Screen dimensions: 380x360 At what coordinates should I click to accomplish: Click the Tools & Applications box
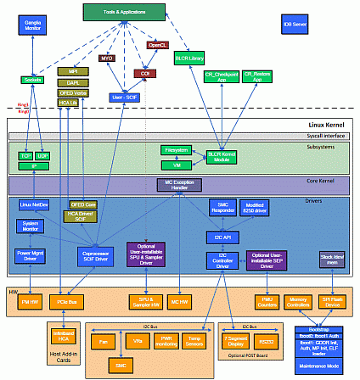[124, 12]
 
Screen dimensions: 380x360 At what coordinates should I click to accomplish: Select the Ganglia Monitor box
[31, 25]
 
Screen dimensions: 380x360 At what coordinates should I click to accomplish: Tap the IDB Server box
[295, 24]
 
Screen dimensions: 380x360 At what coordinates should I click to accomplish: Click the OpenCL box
[158, 45]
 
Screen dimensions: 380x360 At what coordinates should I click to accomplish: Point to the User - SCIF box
[125, 98]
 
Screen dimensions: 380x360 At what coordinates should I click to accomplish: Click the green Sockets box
[33, 79]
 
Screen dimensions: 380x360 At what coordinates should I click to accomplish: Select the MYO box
[107, 59]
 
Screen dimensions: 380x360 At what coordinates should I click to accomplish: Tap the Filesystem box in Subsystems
[177, 149]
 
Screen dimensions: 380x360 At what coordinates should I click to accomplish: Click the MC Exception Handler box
[179, 183]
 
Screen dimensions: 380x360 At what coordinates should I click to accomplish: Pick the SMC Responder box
[223, 207]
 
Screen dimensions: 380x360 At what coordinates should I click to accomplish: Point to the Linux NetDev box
[35, 205]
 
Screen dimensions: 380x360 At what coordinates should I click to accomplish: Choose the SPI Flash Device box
[332, 301]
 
